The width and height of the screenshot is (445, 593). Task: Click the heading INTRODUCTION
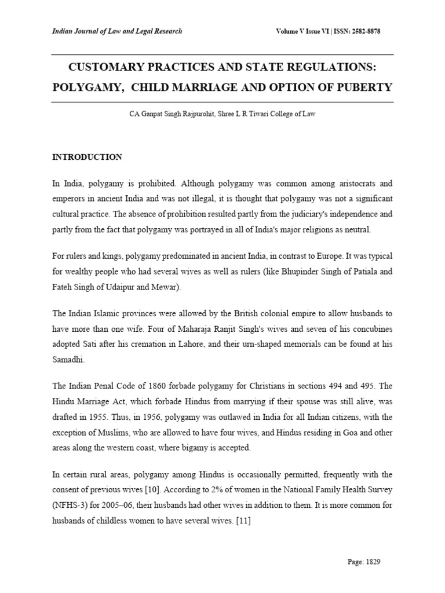[87, 157]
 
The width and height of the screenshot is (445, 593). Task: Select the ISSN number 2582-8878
[372, 31]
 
